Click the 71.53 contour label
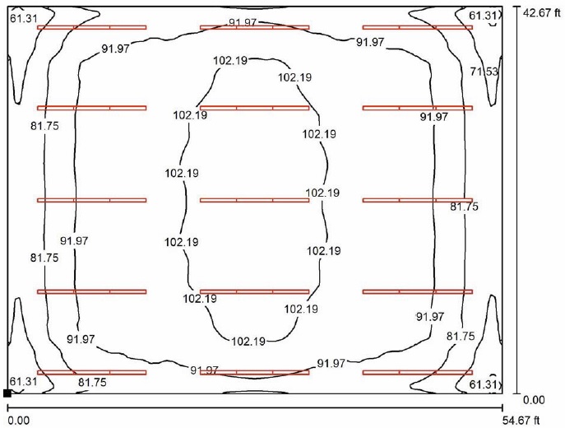[484, 72]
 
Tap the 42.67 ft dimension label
[542, 13]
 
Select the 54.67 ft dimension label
[521, 420]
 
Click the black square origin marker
[7, 393]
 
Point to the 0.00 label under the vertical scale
[534, 400]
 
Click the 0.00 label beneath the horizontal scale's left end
[19, 421]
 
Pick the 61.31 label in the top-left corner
[23, 18]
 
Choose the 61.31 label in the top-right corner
[483, 16]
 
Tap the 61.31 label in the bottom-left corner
[23, 381]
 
